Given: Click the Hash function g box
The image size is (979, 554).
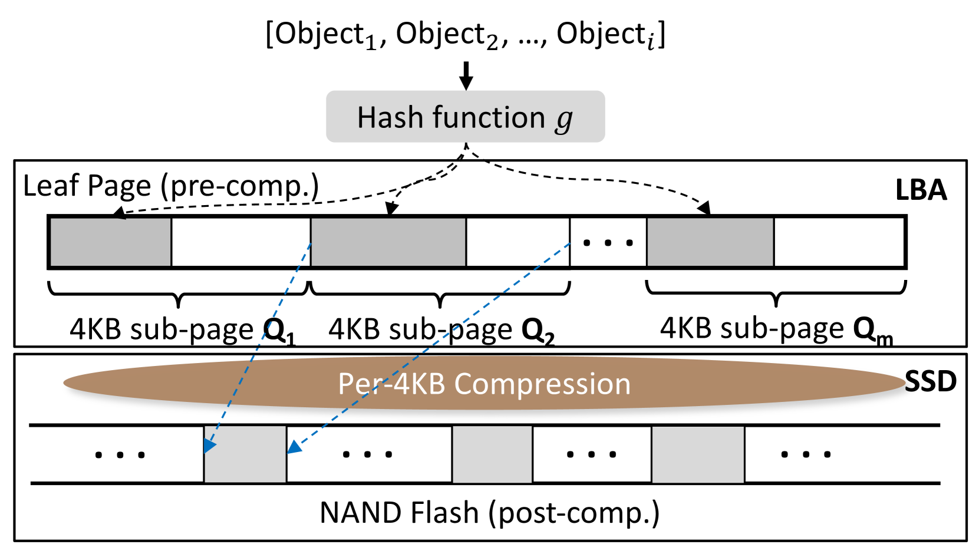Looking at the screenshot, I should tap(465, 117).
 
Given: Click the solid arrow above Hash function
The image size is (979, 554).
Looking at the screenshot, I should tap(466, 75).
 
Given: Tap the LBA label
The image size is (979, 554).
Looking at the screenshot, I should tap(921, 190).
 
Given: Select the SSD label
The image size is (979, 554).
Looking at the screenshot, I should tap(930, 382).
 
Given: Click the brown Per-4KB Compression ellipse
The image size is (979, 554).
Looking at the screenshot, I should tap(483, 384).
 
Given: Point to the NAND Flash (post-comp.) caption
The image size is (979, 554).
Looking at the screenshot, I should tap(489, 512).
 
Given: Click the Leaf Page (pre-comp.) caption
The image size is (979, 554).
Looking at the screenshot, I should tap(171, 186).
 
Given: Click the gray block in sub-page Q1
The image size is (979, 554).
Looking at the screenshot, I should tap(111, 242).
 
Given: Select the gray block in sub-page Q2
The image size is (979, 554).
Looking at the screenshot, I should tap(388, 242).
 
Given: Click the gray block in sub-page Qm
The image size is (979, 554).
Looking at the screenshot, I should tap(710, 242).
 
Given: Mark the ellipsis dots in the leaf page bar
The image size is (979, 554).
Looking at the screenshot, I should tap(608, 242).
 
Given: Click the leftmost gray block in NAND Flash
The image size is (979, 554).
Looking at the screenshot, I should tap(245, 454).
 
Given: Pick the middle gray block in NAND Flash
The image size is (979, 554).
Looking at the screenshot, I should tap(492, 454).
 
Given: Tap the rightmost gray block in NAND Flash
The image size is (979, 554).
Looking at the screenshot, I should tap(698, 454).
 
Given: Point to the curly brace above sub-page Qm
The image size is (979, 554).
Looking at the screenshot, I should tap(776, 291).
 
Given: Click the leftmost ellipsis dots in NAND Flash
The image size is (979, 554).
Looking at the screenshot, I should tap(120, 454).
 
